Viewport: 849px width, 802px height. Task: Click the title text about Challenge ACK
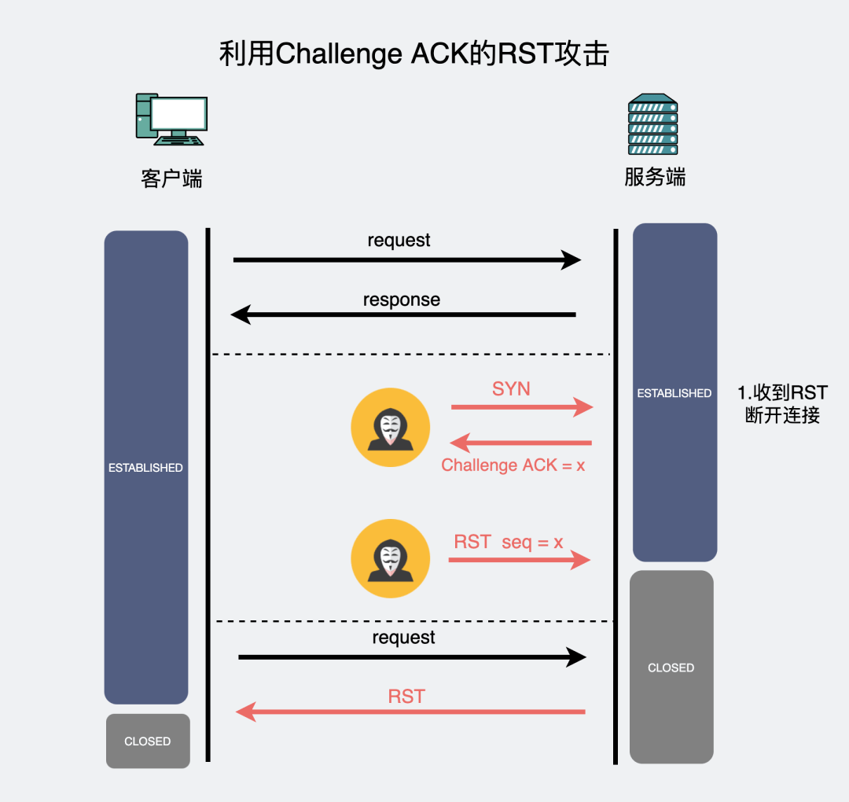coord(413,54)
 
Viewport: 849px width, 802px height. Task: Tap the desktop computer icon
coord(171,120)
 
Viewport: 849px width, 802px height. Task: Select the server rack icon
coord(652,125)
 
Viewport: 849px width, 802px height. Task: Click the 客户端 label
coord(171,178)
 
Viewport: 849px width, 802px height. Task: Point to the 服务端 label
coord(655,177)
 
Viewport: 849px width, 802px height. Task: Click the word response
coord(401,300)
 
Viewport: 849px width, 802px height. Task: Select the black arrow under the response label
coord(403,315)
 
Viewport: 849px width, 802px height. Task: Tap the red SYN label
coord(511,388)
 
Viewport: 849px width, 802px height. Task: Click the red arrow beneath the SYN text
coord(521,407)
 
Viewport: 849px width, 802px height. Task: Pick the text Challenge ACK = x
coord(513,465)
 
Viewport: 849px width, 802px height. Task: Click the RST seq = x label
coord(509,542)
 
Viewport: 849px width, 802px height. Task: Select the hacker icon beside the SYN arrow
coord(390,427)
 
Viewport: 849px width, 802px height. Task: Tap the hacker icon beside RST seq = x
coord(390,558)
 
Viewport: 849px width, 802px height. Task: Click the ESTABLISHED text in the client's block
coord(145,468)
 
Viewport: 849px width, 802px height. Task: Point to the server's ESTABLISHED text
coord(674,393)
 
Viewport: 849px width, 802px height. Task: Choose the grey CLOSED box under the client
coord(148,741)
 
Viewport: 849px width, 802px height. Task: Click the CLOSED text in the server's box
coord(671,668)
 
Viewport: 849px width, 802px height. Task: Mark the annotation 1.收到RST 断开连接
coord(782,404)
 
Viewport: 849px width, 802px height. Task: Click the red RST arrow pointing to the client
coord(410,712)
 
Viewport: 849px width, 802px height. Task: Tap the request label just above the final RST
coord(403,637)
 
